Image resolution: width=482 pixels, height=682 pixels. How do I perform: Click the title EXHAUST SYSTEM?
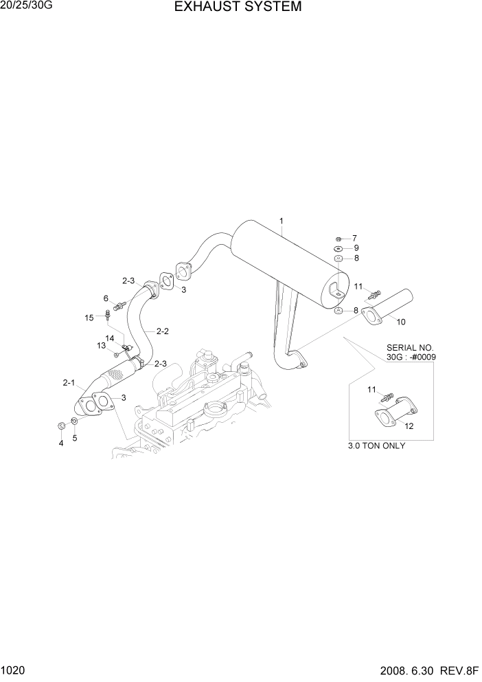point(238,8)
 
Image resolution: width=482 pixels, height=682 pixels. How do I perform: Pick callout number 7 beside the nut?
point(355,238)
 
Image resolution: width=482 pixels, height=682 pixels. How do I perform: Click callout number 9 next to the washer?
point(356,248)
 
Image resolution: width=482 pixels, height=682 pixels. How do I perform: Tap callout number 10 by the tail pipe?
point(401,321)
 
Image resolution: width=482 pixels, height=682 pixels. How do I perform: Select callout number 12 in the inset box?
point(409,426)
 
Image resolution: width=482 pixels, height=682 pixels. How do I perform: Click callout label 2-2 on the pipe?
point(163,331)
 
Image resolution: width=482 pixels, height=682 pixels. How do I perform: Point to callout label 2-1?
point(69,382)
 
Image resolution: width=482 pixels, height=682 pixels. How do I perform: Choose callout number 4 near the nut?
point(60,443)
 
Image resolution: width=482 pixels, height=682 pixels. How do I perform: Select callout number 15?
point(89,318)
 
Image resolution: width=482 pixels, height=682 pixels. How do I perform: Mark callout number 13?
point(101,345)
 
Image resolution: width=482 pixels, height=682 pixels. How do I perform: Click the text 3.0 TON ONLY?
point(377,445)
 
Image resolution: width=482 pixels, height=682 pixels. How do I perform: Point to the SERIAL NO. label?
point(411,348)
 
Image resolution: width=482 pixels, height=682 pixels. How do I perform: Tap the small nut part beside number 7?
point(339,238)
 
